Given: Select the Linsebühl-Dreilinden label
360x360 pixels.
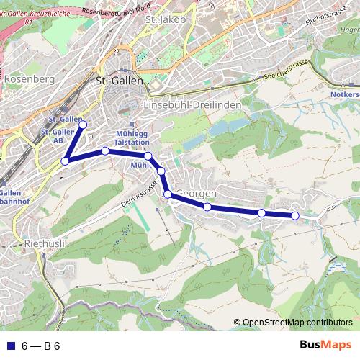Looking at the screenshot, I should click(192, 104).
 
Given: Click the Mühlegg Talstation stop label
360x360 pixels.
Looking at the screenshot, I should click(132, 139).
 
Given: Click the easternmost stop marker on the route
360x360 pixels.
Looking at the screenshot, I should click(294, 215).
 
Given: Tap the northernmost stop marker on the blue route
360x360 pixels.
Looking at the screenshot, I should click(83, 125).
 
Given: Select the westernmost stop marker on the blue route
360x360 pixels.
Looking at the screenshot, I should click(65, 161).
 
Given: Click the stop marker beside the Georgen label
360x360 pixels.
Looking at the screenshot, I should click(168, 194).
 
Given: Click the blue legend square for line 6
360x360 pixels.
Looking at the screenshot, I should click(10, 346).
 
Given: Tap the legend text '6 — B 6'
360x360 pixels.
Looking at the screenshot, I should click(40, 346).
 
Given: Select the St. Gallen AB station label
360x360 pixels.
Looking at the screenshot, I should click(57, 136).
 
